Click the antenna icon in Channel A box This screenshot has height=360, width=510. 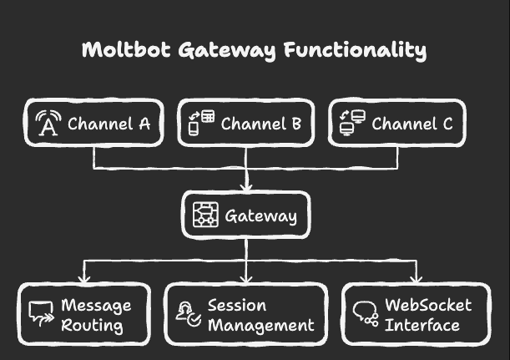48,124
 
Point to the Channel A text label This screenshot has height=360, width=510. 109,124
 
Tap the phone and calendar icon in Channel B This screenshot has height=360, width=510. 201,124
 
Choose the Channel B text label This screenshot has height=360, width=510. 260,124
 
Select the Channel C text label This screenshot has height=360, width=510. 412,124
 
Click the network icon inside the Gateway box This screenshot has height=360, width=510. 205,215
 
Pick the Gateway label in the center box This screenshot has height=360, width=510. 260,216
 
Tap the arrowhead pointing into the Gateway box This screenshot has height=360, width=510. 246,187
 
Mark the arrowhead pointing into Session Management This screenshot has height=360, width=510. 246,278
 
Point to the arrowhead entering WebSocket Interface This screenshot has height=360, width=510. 415,278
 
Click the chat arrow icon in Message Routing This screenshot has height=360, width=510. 41,314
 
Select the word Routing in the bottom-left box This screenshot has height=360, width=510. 92,326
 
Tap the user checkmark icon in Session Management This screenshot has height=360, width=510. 188,314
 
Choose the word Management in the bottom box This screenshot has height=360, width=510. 260,326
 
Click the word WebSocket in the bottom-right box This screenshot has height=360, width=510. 428,305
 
